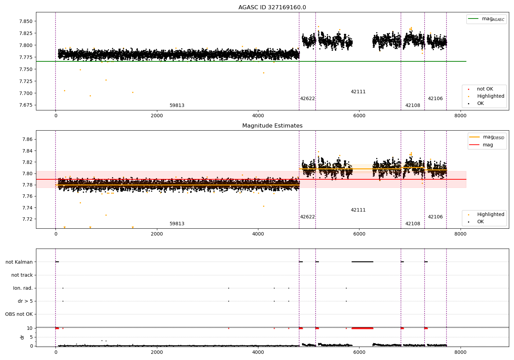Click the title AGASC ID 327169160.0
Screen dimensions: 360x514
pos(272,8)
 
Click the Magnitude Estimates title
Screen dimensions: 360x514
pos(272,126)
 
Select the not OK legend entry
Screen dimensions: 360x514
pos(485,89)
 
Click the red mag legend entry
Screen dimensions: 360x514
pos(488,145)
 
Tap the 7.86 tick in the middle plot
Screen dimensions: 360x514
pos(27,139)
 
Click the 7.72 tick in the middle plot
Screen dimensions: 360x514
pos(27,219)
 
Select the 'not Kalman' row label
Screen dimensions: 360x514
pos(19,262)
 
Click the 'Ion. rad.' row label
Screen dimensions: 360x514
pos(23,288)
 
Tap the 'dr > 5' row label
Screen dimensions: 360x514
pos(25,301)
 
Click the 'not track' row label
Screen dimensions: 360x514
pos(22,275)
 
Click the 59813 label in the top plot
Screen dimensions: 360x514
pos(177,106)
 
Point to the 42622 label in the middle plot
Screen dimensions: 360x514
pos(307,217)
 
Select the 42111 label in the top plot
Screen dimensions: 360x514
pos(358,92)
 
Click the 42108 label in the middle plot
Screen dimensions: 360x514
pos(413,224)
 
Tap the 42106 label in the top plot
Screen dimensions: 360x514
pos(435,99)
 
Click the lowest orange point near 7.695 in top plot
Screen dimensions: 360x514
pos(90,96)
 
